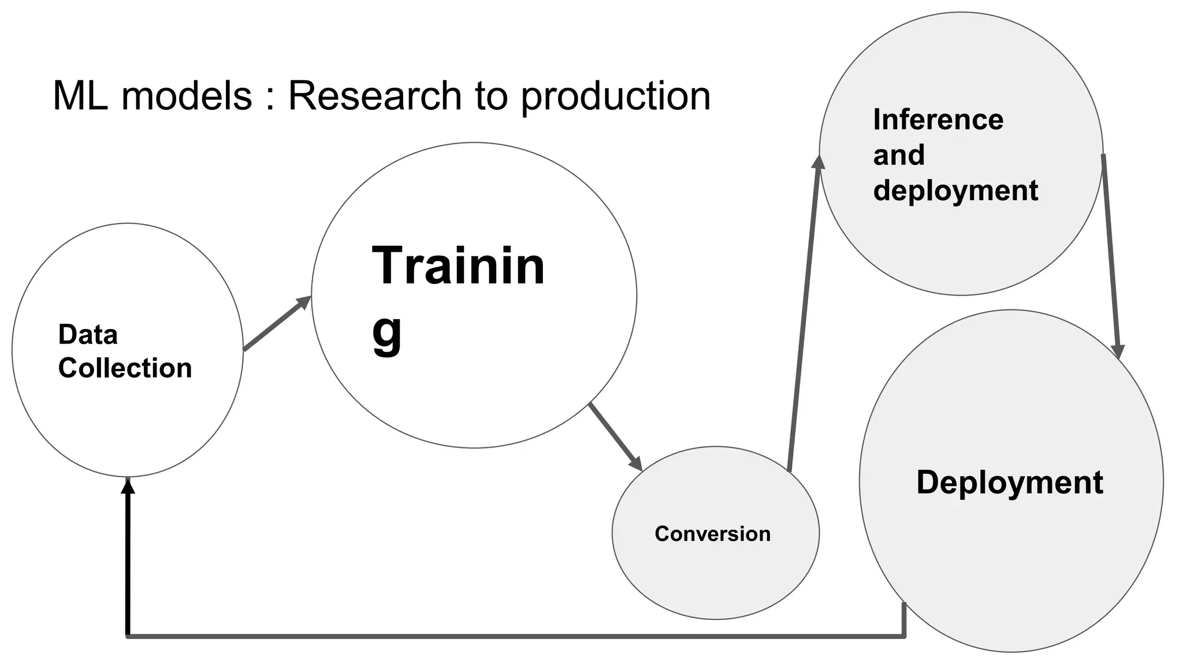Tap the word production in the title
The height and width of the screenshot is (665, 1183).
tap(616, 97)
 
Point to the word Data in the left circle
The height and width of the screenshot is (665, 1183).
tap(88, 335)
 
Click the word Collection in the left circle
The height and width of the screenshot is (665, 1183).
tap(125, 368)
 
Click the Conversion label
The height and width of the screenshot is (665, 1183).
tap(712, 534)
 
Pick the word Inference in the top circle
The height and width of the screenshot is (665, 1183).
tap(938, 120)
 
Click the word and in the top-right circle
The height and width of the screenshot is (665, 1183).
tap(899, 155)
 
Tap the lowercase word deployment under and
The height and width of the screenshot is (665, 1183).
tap(955, 190)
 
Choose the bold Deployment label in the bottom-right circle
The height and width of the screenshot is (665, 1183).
tap(1009, 483)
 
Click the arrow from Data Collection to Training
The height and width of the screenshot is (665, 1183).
tap(276, 324)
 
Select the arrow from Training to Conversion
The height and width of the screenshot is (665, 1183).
tap(615, 436)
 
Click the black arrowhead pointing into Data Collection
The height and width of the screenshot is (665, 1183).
tap(128, 486)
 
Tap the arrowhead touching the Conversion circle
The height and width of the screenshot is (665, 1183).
tap(636, 464)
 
